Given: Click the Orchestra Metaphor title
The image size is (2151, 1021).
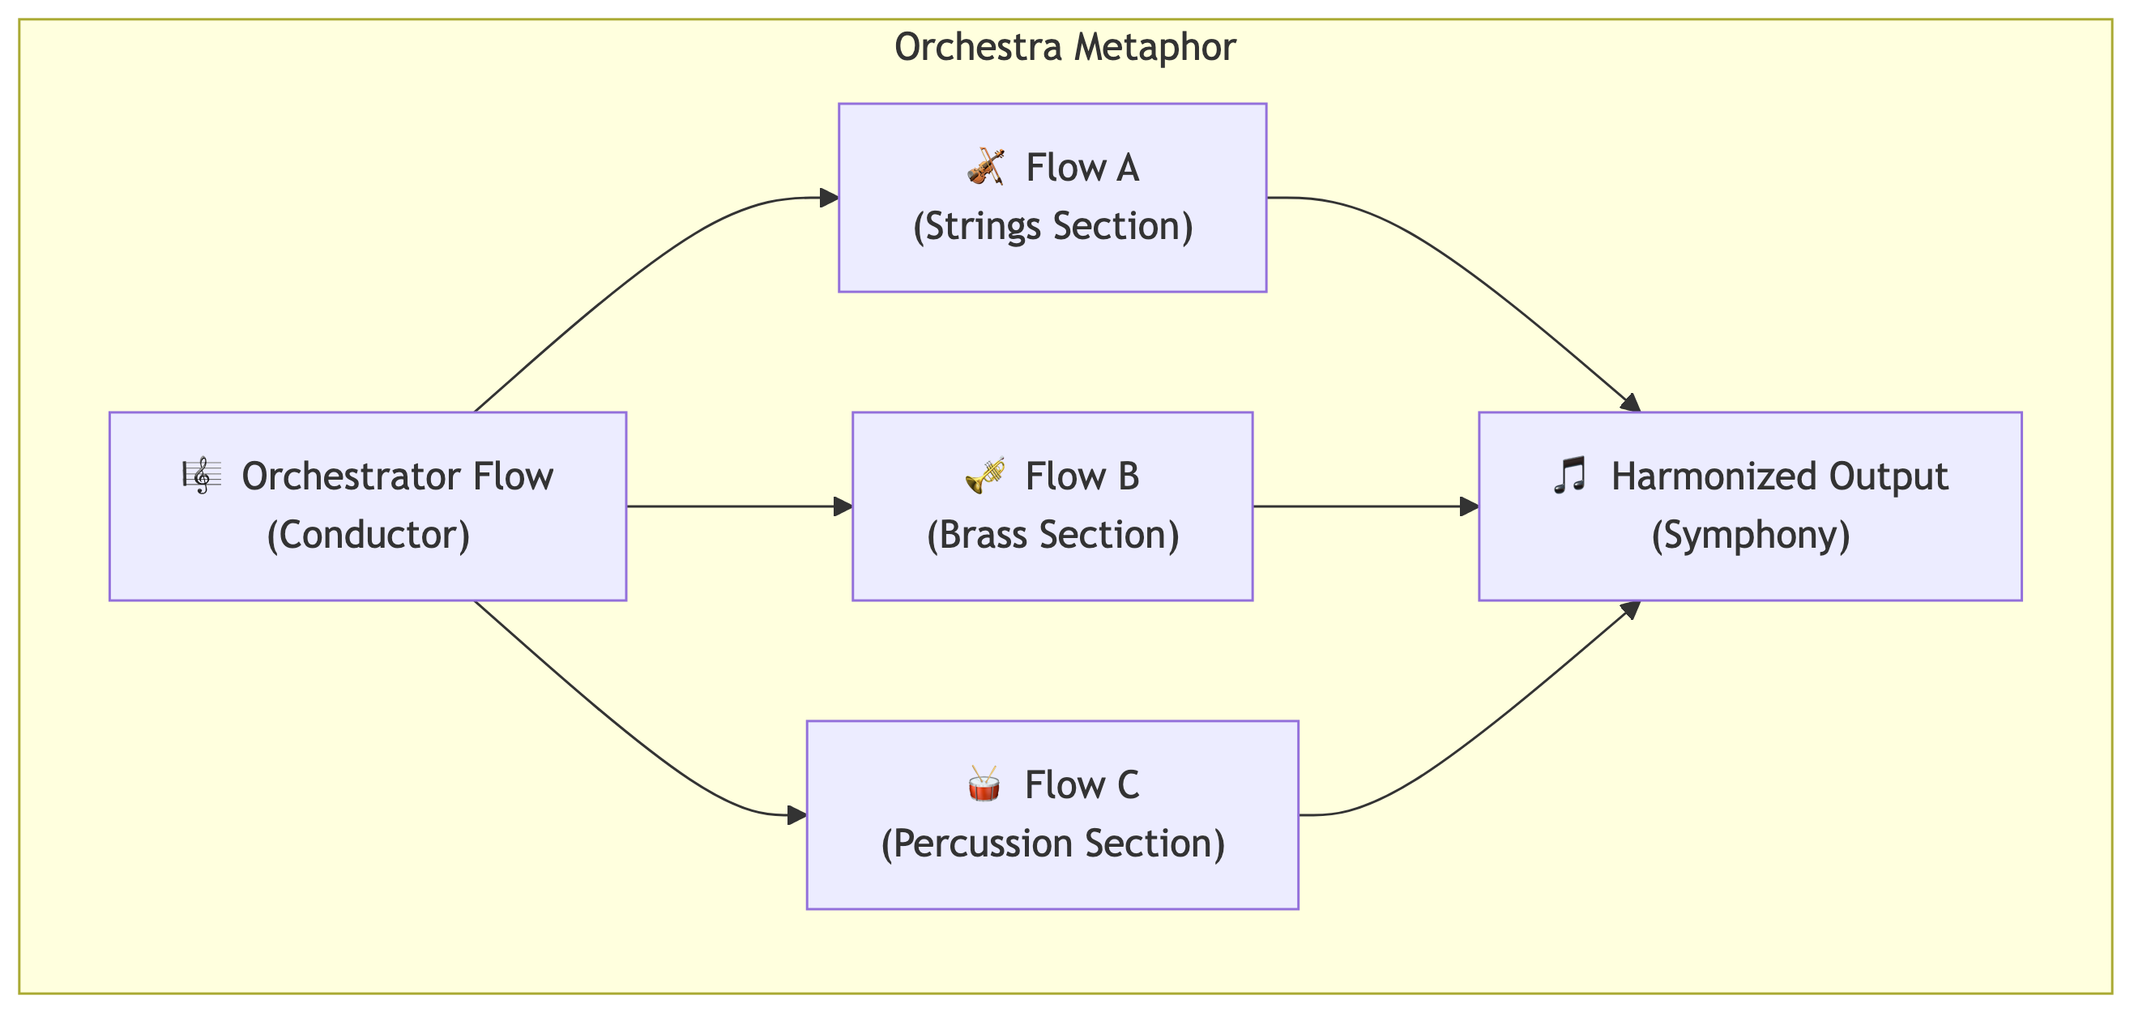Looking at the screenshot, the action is pyautogui.click(x=1065, y=47).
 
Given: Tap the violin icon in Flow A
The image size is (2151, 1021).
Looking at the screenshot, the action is pyautogui.click(x=985, y=167).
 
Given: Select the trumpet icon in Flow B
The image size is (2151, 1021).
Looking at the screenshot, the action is pyautogui.click(x=985, y=476).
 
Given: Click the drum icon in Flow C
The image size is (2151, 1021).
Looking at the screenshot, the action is pyautogui.click(x=984, y=784).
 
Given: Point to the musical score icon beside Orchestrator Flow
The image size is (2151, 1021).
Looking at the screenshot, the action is pyautogui.click(x=202, y=476).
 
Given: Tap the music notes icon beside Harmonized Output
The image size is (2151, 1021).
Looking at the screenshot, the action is pyautogui.click(x=1570, y=476).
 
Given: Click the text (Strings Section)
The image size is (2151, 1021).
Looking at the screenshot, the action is pyautogui.click(x=1053, y=227).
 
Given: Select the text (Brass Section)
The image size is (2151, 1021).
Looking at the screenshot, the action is pyautogui.click(x=1053, y=535).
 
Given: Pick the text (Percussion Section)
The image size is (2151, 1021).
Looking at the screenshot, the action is pyautogui.click(x=1053, y=844).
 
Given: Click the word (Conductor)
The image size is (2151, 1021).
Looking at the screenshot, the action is pyautogui.click(x=369, y=535).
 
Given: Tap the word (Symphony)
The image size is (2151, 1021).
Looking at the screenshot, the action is pyautogui.click(x=1751, y=535).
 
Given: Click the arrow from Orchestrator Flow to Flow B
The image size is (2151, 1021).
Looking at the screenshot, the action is pyautogui.click(x=740, y=506).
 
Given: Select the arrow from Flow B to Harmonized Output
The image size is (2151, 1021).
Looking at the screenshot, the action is pyautogui.click(x=1366, y=506).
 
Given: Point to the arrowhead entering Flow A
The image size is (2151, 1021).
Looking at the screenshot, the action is pyautogui.click(x=829, y=198).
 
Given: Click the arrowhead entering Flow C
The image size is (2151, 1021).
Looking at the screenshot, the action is pyautogui.click(x=797, y=815).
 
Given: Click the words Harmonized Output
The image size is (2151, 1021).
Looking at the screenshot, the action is pyautogui.click(x=1779, y=476).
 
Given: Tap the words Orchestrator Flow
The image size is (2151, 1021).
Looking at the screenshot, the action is pyautogui.click(x=398, y=476).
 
